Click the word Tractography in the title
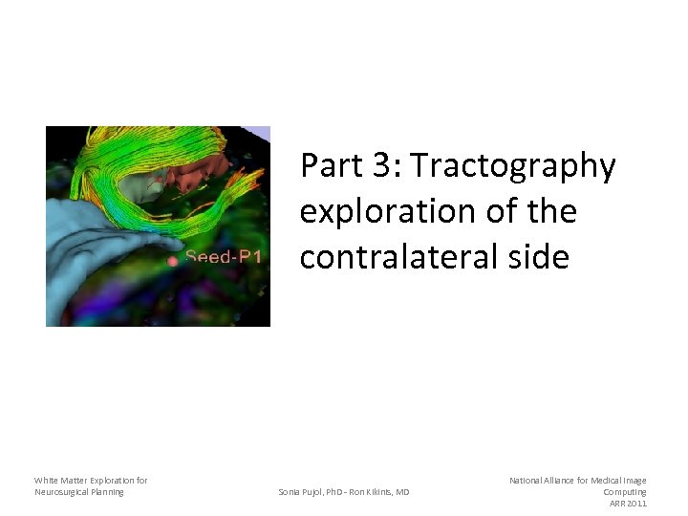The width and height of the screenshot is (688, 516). [x=515, y=166]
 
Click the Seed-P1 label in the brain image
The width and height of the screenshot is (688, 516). [x=224, y=257]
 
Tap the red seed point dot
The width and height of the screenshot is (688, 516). [x=172, y=260]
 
